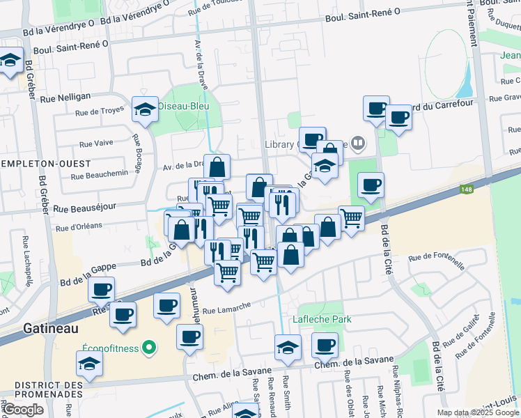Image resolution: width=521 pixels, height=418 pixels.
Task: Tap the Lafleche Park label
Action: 322,319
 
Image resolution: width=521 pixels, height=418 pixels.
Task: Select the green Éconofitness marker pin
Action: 148,346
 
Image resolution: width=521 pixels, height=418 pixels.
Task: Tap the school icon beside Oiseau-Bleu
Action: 145,109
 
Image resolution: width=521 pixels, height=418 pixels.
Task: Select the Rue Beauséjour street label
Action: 84,208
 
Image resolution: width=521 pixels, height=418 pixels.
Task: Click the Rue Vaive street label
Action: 96,144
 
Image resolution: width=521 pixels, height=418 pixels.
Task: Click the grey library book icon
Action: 358,144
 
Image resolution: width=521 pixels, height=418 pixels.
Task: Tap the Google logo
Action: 24,409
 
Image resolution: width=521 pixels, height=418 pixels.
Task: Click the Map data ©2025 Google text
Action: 477,412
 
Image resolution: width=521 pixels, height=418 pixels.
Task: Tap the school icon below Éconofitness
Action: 88,364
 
